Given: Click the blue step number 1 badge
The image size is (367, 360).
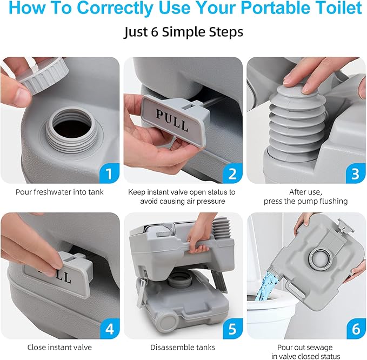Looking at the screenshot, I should [x=109, y=174].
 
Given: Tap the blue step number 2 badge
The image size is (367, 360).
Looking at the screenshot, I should [x=232, y=174].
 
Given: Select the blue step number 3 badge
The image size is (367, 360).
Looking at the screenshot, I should [x=355, y=174].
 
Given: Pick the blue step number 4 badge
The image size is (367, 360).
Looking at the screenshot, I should [x=109, y=329].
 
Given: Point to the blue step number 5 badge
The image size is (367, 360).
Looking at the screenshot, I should [x=232, y=329].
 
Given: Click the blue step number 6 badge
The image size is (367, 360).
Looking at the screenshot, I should [x=355, y=329].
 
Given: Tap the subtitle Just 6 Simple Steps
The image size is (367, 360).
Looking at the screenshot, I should [x=183, y=32].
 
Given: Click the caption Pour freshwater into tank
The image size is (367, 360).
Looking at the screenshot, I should [x=60, y=191].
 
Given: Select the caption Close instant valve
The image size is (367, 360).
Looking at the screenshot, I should [x=60, y=347].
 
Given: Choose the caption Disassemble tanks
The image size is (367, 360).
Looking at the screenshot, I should [x=183, y=347].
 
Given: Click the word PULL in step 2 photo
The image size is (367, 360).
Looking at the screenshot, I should [x=172, y=118].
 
